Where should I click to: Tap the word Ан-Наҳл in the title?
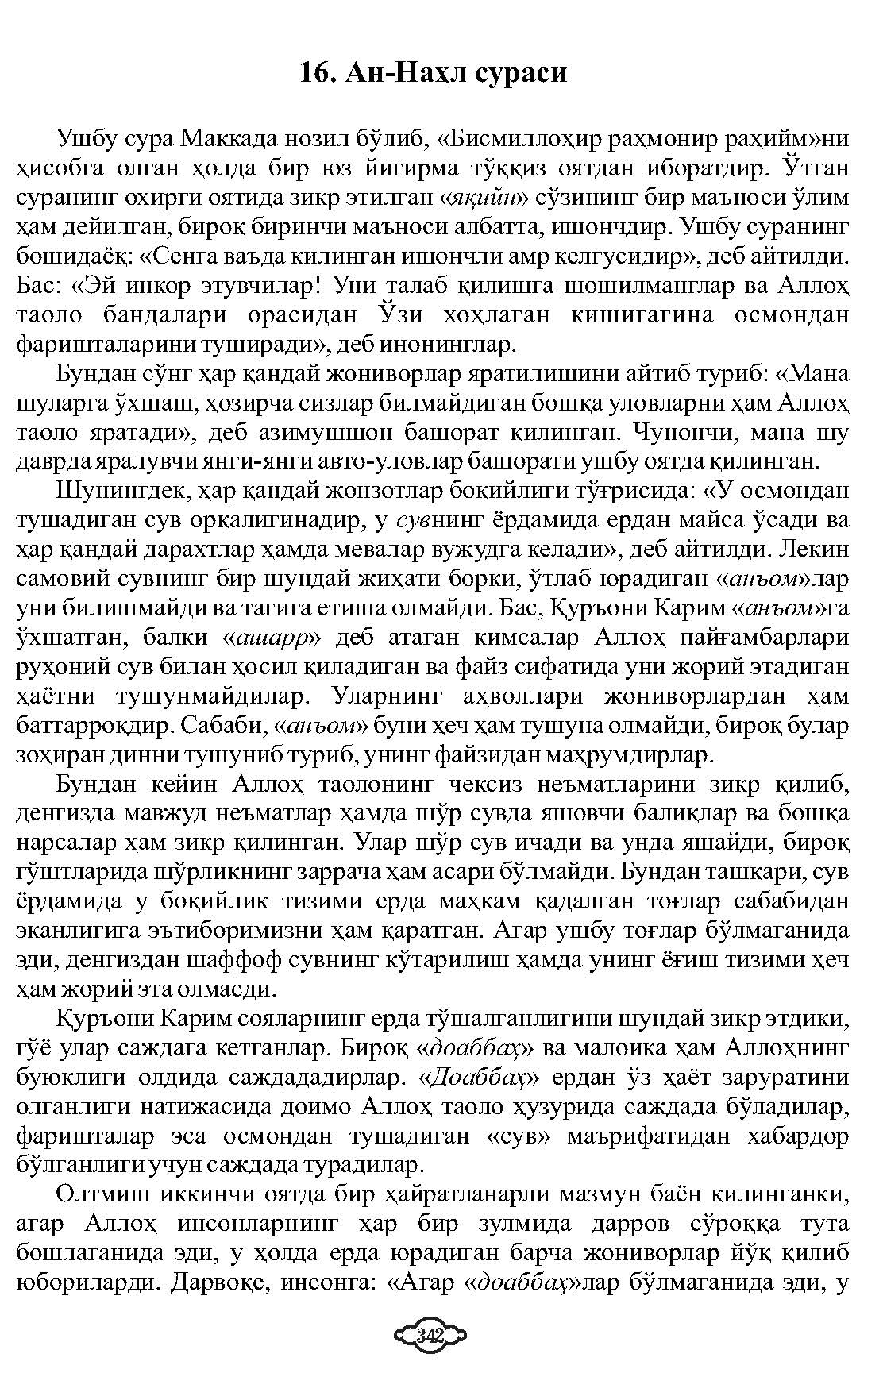point(402,73)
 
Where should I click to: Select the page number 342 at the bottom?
point(430,1334)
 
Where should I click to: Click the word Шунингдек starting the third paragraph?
point(123,492)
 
